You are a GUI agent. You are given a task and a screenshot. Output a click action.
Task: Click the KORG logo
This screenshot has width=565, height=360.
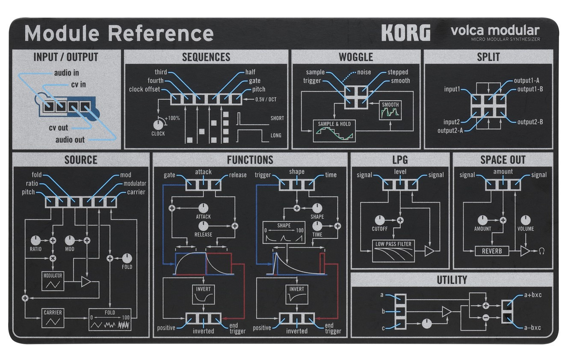pyautogui.click(x=405, y=33)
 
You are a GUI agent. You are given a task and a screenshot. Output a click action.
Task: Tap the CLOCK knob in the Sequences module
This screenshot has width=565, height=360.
pyautogui.click(x=158, y=124)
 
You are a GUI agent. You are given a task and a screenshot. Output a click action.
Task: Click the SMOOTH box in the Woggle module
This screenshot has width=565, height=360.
pyautogui.click(x=390, y=110)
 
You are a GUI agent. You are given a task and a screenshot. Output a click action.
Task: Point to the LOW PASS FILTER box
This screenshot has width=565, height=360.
pyautogui.click(x=393, y=251)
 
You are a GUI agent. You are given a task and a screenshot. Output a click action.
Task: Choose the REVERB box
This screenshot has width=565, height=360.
pyautogui.click(x=492, y=251)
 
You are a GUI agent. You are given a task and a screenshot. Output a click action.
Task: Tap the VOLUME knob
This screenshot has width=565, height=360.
pyautogui.click(x=526, y=220)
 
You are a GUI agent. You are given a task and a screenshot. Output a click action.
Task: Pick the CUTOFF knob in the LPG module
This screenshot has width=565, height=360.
pyautogui.click(x=379, y=220)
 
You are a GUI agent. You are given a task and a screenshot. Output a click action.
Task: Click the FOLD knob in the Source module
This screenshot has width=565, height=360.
pyautogui.click(x=127, y=258)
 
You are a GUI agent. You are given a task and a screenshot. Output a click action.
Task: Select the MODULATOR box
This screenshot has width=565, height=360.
pyautogui.click(x=53, y=280)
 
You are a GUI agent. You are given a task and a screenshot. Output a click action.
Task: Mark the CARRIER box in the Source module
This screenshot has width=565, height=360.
pyautogui.click(x=53, y=318)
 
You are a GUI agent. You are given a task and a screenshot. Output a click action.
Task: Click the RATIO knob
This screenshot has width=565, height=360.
pyautogui.click(x=35, y=240)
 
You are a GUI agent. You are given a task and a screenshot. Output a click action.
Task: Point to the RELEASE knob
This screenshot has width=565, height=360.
pyautogui.click(x=203, y=226)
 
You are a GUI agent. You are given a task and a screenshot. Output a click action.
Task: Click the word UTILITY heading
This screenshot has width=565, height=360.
pyautogui.click(x=452, y=280)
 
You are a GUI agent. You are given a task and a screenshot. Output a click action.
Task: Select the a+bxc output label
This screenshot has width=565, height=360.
pyautogui.click(x=532, y=295)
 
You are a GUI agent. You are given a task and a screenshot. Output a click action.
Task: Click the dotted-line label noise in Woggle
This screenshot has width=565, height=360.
pyautogui.click(x=364, y=72)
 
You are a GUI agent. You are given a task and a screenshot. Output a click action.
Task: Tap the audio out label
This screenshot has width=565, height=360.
pyautogui.click(x=70, y=140)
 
